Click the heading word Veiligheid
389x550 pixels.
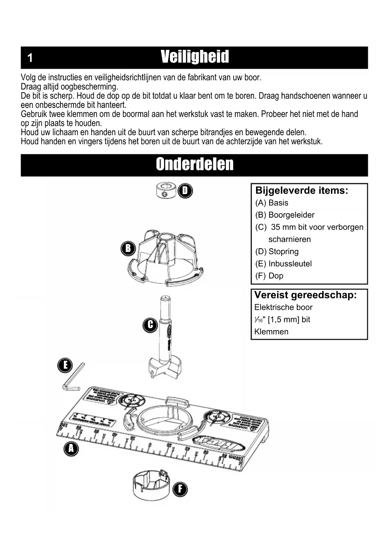pos(195,57)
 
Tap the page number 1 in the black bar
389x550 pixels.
pos(30,58)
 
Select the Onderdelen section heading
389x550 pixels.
pos(195,164)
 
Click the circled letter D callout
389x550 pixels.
pos(185,191)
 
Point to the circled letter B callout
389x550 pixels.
pos(128,248)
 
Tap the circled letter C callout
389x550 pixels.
pos(150,325)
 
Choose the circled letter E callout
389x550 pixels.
pos(65,365)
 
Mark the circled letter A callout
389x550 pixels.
pos(71,449)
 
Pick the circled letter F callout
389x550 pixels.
pos(180,489)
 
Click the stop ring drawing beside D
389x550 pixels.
pos(166,191)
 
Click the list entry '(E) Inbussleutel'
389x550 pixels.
pos(283,264)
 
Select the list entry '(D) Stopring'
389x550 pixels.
pos(277,251)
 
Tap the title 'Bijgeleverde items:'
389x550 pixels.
pos(302,191)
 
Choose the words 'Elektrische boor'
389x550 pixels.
pos(283,307)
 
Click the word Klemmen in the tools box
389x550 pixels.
pos(271,332)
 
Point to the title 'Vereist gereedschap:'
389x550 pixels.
pos(305,295)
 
